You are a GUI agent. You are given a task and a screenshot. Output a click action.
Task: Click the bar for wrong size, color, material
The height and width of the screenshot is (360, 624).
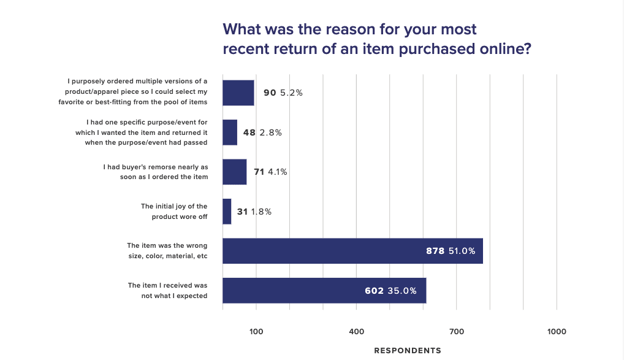352,251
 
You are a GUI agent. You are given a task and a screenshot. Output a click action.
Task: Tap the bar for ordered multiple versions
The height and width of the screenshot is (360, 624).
238,93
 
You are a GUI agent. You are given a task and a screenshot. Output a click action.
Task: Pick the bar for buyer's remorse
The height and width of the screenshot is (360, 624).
235,172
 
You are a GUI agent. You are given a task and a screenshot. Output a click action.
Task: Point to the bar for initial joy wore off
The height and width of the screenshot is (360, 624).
227,212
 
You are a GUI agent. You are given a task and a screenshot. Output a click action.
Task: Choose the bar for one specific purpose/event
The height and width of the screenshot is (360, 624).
230,132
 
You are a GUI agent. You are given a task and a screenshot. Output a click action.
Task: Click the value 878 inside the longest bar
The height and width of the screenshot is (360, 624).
435,251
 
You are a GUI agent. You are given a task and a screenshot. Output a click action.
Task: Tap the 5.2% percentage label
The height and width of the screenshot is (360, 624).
292,93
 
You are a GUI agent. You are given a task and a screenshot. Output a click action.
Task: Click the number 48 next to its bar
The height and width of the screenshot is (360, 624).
249,132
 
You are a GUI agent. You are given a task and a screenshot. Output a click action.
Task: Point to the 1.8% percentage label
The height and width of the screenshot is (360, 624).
261,212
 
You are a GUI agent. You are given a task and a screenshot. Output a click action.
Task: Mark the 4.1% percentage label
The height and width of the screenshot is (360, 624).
277,172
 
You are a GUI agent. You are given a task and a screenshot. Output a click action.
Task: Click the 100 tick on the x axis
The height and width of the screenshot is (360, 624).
256,332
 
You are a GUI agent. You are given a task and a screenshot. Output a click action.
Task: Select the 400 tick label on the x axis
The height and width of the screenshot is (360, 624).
356,332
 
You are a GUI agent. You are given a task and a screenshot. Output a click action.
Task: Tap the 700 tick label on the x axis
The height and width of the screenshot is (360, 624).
457,332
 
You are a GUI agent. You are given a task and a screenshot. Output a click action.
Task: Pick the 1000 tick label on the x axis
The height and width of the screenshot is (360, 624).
557,332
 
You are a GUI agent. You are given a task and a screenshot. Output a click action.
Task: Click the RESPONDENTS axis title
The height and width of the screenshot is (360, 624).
407,351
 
